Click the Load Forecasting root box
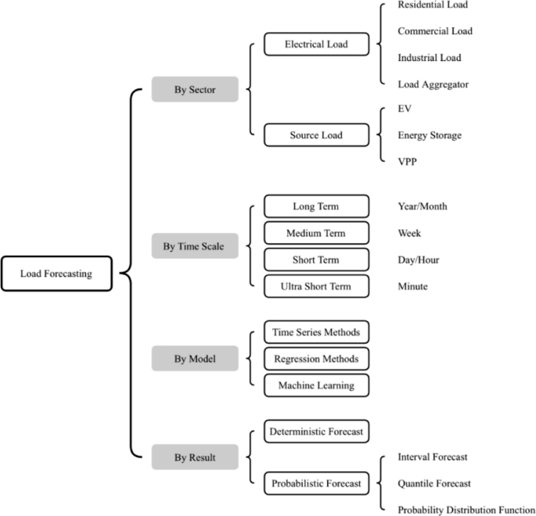pos(56,274)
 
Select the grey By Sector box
pos(195,90)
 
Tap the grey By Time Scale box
pos(195,246)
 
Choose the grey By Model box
pos(195,359)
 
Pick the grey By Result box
pos(195,457)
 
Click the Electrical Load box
pos(316,45)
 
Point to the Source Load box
pos(316,135)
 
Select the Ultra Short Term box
pos(316,286)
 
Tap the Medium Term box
pos(316,233)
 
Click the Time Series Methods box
pos(316,332)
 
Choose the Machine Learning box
pos(316,385)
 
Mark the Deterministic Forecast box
pos(316,431)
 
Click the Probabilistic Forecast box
pos(316,484)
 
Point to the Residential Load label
pos(433,5)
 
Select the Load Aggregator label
pos(433,83)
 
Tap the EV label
pos(405,109)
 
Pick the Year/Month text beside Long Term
pos(423,206)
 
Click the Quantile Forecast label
pos(434,483)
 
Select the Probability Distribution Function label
pos(466,510)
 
